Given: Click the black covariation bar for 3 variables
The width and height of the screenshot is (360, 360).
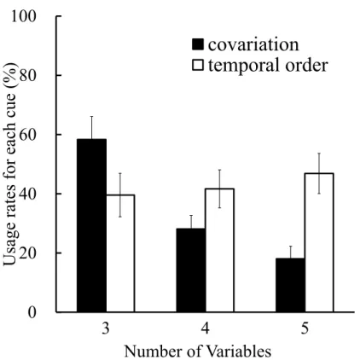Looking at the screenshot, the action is coord(91,225).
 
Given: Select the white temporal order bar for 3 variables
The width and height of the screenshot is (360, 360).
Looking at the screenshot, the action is coord(120,253).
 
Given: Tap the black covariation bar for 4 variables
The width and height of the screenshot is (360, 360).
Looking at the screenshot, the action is coord(191,270).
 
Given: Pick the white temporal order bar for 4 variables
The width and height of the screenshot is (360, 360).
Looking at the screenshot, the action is coord(219,250).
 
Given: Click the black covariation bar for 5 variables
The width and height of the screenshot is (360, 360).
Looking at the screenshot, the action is coord(290,285).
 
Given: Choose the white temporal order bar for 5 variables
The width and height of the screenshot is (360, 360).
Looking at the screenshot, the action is coord(319,242).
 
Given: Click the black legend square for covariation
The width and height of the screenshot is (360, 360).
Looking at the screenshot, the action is coord(198,44).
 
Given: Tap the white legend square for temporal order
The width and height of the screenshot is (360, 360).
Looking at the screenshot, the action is coord(198,65).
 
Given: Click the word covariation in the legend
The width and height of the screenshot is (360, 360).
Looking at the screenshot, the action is coord(253,45).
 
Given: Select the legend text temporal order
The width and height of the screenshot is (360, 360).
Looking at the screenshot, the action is coord(268,65).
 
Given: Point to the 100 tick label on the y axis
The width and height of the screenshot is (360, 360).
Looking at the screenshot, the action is coord(24,16).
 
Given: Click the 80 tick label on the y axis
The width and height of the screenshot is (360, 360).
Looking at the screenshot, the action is coord(28,76).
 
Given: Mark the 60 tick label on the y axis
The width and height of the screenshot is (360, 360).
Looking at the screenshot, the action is coord(28,135).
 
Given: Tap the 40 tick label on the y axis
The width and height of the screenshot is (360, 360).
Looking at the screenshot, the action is coord(28,194).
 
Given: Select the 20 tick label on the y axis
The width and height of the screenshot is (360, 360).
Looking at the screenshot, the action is coord(28,253).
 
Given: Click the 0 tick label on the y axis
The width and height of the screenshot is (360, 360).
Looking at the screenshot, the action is coord(32,312).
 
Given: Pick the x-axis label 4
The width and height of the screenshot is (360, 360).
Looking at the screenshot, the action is coord(205,328).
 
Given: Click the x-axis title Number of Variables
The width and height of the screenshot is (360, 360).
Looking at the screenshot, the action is coord(198,351).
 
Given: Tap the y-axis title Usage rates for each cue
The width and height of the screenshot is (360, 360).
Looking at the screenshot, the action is coord(10,165).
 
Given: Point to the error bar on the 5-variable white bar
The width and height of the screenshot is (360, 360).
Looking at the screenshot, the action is coord(319,173).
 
